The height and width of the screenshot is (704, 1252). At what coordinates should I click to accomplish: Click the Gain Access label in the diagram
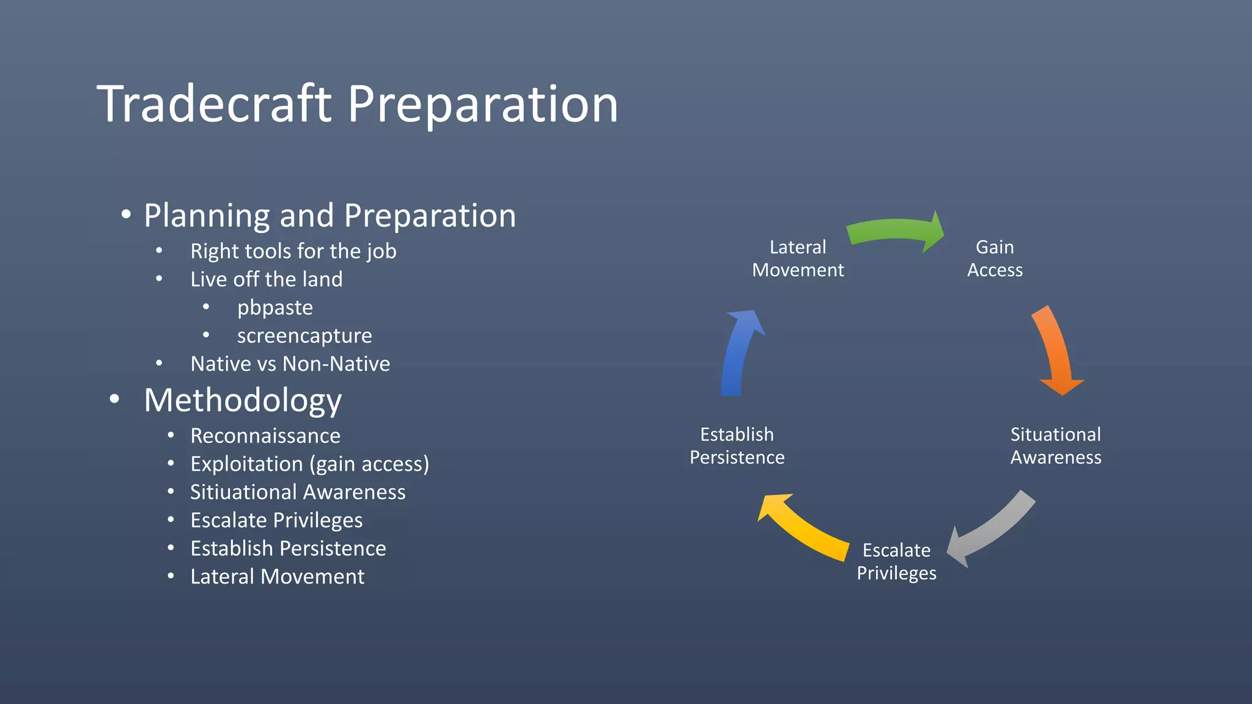pos(995,258)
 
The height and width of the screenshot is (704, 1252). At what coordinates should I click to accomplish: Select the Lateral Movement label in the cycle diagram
pos(798,258)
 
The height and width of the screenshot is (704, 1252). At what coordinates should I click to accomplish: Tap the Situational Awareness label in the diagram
pos(1056,446)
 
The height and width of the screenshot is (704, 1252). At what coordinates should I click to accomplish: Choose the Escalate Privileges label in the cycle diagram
pos(896,562)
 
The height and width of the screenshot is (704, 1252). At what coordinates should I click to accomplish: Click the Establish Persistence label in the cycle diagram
pos(737,446)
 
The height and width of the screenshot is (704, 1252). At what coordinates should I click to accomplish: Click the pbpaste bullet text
pos(274,307)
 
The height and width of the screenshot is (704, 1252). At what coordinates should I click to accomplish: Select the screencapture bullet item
pos(304,335)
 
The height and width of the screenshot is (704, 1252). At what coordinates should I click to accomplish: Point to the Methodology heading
pos(243,400)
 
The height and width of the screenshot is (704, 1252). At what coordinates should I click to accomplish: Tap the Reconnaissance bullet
pos(265,436)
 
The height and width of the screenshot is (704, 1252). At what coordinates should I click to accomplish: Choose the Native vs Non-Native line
pos(290,364)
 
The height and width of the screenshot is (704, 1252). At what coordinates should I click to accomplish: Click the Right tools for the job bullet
pos(293,251)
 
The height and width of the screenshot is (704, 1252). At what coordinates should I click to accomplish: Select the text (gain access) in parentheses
pos(370,464)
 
